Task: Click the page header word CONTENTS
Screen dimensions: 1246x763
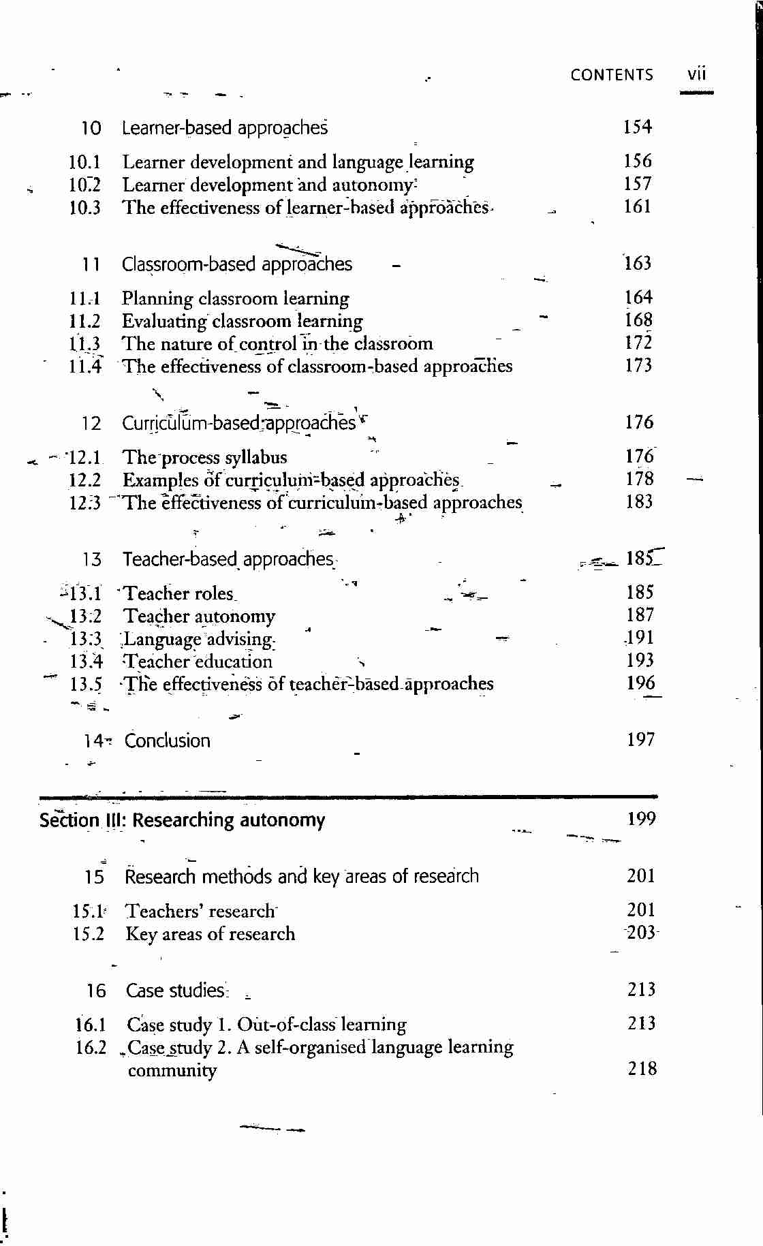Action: click(x=611, y=75)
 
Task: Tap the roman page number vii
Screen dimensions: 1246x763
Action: click(x=696, y=74)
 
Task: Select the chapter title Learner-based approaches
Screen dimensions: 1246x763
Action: click(x=225, y=128)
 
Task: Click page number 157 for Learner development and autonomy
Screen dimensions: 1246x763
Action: click(x=637, y=184)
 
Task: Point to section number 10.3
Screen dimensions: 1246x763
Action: click(x=84, y=208)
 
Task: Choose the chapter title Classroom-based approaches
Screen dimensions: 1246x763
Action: click(x=237, y=264)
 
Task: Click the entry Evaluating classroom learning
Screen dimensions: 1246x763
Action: click(x=242, y=321)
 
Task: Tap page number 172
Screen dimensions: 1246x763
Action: click(x=638, y=343)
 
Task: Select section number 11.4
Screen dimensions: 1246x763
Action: click(x=85, y=367)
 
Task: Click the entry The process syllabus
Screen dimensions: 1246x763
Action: click(x=204, y=457)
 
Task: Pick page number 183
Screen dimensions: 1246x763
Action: click(x=639, y=502)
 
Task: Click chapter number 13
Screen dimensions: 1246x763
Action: click(x=91, y=560)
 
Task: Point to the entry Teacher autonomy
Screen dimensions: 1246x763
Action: click(x=199, y=617)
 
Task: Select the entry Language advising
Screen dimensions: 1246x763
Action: click(x=198, y=639)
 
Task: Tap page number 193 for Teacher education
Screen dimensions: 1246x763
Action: click(x=640, y=660)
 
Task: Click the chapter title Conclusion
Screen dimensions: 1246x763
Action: click(x=167, y=741)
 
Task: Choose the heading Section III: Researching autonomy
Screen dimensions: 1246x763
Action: click(x=182, y=820)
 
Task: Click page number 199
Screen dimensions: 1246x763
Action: click(x=641, y=819)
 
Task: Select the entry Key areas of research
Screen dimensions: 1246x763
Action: click(x=211, y=934)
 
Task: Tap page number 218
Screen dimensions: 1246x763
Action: click(x=642, y=1069)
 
